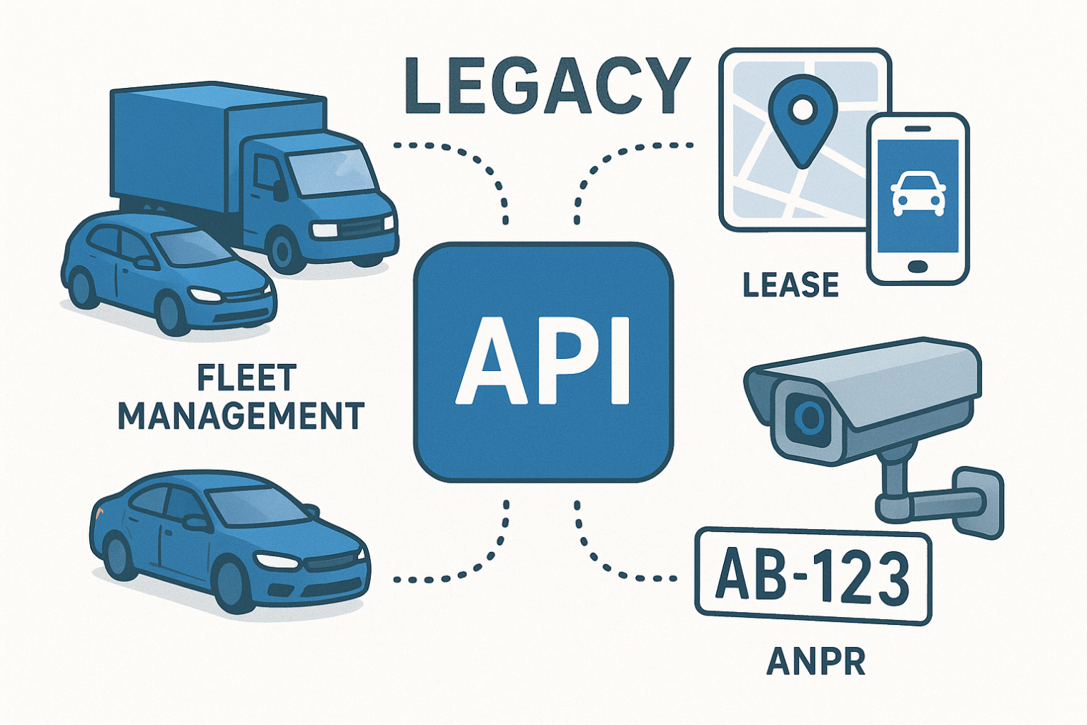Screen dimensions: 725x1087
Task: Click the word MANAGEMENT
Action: [x=241, y=416]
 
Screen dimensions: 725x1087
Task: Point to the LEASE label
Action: [x=790, y=285]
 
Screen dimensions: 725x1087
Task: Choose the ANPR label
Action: [x=815, y=662]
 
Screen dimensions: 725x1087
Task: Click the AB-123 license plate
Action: [x=813, y=576]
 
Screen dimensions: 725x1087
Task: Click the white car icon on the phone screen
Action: [x=918, y=194]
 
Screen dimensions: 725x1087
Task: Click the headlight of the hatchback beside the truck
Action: [x=205, y=295]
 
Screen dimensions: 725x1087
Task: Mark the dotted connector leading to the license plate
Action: [x=615, y=558]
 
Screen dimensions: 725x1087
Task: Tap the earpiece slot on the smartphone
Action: [x=917, y=129]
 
